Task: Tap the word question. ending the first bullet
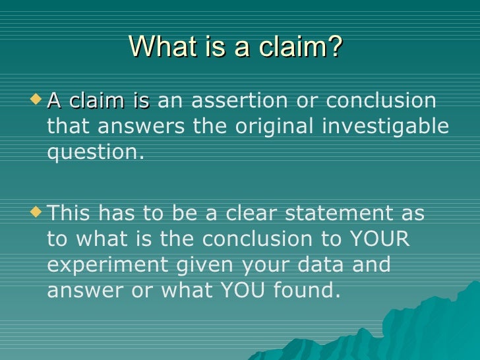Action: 96,152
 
